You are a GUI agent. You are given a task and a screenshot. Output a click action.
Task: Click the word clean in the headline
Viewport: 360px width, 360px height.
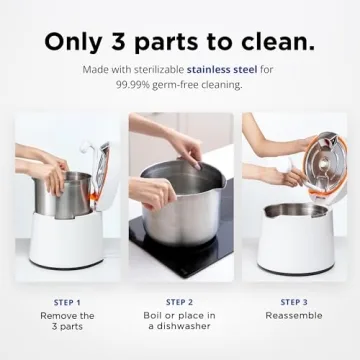pyautogui.click(x=271, y=42)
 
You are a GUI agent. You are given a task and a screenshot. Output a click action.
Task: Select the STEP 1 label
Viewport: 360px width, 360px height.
pyautogui.click(x=67, y=301)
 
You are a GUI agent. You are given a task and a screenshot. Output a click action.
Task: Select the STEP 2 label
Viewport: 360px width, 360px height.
pyautogui.click(x=180, y=301)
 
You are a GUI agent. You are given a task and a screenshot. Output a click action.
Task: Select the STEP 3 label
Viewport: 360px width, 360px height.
pyautogui.click(x=294, y=301)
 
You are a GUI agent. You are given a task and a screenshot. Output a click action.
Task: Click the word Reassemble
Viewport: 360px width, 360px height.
pyautogui.click(x=294, y=316)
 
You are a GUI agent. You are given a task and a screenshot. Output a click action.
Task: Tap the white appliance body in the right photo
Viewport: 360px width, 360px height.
pyautogui.click(x=294, y=245)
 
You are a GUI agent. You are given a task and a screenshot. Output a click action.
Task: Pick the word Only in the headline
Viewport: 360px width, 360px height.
pyautogui.click(x=73, y=42)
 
